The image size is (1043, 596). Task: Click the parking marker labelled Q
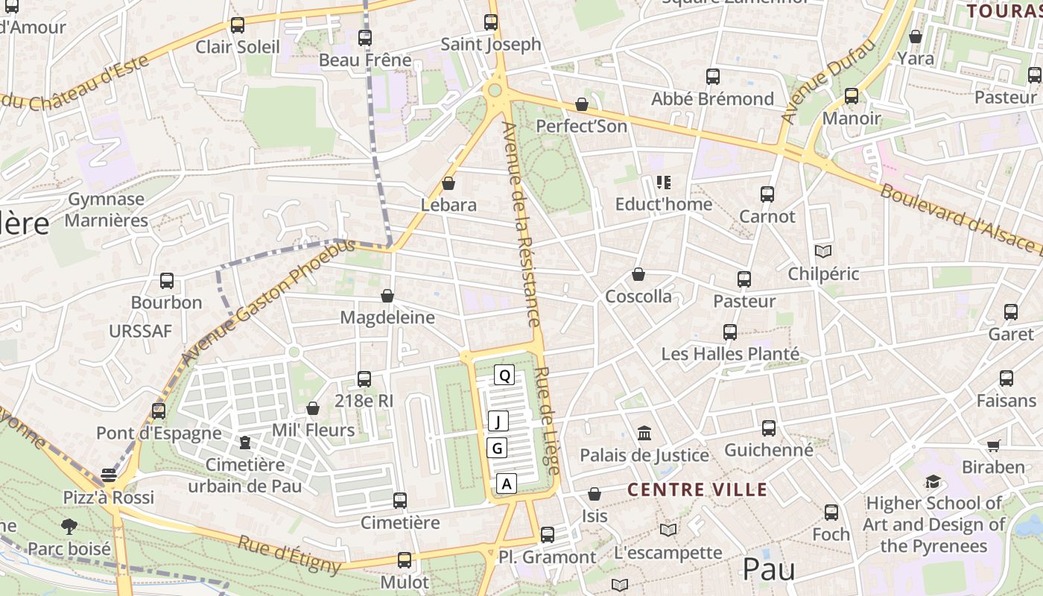[x=504, y=375]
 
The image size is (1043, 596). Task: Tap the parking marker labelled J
[x=498, y=422]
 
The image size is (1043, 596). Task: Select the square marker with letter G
[x=497, y=448]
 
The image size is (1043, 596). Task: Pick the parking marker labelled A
[x=507, y=484]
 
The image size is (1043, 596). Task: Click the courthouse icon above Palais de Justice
[x=644, y=433]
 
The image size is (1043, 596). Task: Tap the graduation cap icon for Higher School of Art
[x=933, y=481]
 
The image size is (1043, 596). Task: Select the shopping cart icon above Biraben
[x=993, y=446]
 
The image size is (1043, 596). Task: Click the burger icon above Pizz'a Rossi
[x=109, y=475]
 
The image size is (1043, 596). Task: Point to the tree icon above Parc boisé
[x=69, y=527]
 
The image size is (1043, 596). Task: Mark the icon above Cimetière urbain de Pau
[x=244, y=443]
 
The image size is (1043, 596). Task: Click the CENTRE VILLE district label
[x=697, y=489]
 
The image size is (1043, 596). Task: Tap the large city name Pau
[x=768, y=570]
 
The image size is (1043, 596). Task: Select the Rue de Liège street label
[x=548, y=421]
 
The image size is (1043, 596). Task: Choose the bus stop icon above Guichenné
[x=768, y=428]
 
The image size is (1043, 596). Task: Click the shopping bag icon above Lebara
[x=448, y=183]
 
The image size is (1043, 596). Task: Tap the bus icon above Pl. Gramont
[x=548, y=534]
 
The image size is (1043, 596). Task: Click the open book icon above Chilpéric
[x=823, y=252]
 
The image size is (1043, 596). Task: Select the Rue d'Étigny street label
[x=289, y=554]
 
